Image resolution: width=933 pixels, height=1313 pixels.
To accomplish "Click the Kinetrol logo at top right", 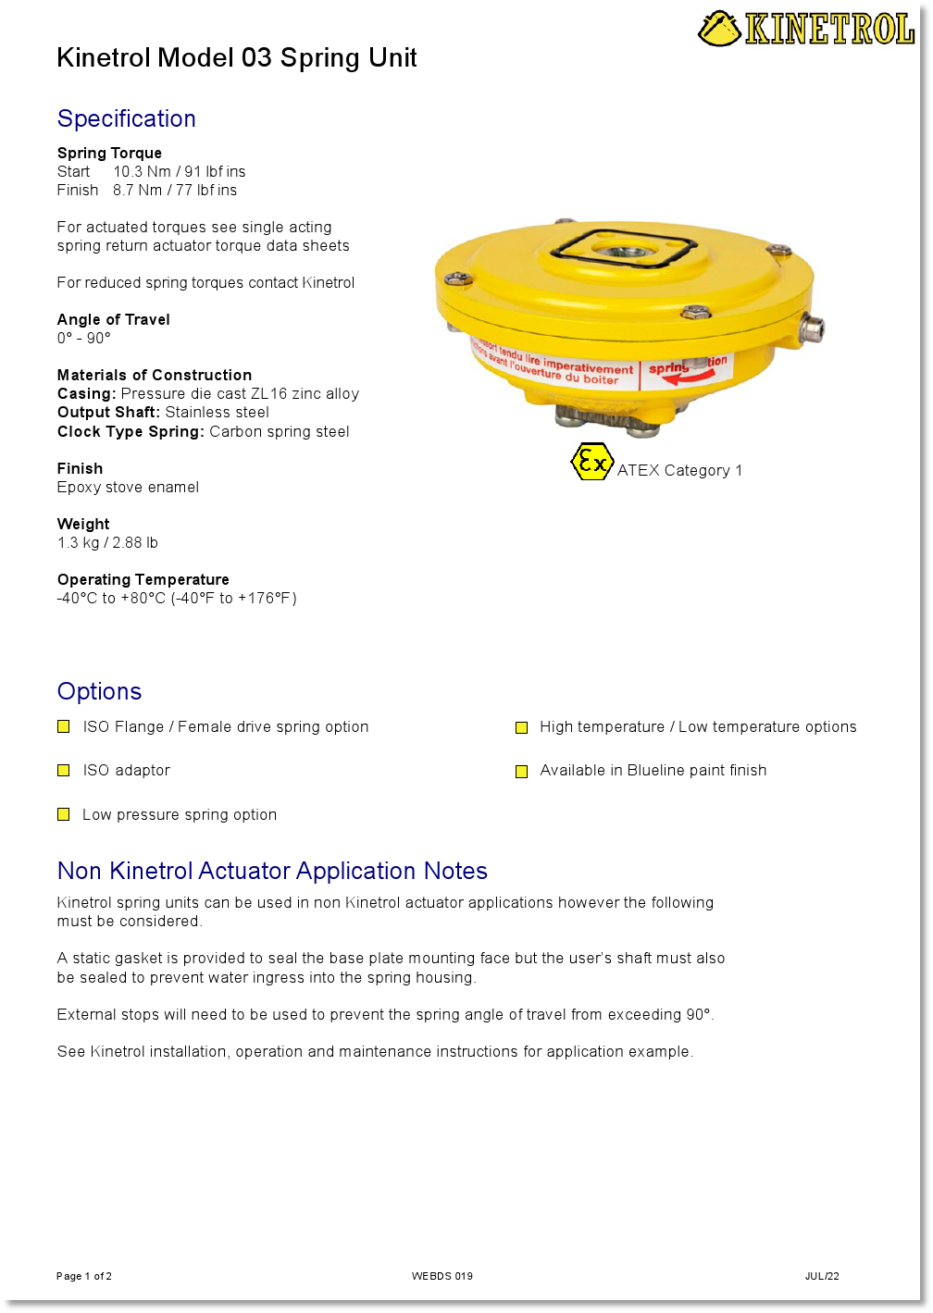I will click(806, 29).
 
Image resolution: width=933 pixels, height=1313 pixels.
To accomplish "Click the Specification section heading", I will click(126, 118).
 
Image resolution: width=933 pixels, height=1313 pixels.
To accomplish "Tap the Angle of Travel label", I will click(113, 320).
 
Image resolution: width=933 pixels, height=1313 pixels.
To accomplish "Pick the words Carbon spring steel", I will click(279, 432).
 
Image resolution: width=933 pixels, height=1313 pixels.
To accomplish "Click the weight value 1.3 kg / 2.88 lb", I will click(107, 543).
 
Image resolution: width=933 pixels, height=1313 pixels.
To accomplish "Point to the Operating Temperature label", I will click(143, 580).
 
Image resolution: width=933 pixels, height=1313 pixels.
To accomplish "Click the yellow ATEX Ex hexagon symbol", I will click(591, 462).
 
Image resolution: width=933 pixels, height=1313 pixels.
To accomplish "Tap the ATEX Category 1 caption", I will click(679, 471).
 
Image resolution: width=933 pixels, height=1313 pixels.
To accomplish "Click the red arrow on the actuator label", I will click(689, 378).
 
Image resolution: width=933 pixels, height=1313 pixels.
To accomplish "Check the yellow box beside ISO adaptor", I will click(64, 771).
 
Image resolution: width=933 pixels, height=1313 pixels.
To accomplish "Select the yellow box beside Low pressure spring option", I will click(64, 815).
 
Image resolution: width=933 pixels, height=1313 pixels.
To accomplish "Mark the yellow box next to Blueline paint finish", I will click(521, 772).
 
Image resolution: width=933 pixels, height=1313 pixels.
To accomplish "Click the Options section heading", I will click(99, 691).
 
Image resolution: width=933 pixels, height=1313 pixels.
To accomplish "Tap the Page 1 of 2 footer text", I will click(84, 1276).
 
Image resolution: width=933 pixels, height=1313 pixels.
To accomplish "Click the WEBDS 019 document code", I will click(442, 1276).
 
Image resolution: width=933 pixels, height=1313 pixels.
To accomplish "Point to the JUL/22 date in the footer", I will click(822, 1276).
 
